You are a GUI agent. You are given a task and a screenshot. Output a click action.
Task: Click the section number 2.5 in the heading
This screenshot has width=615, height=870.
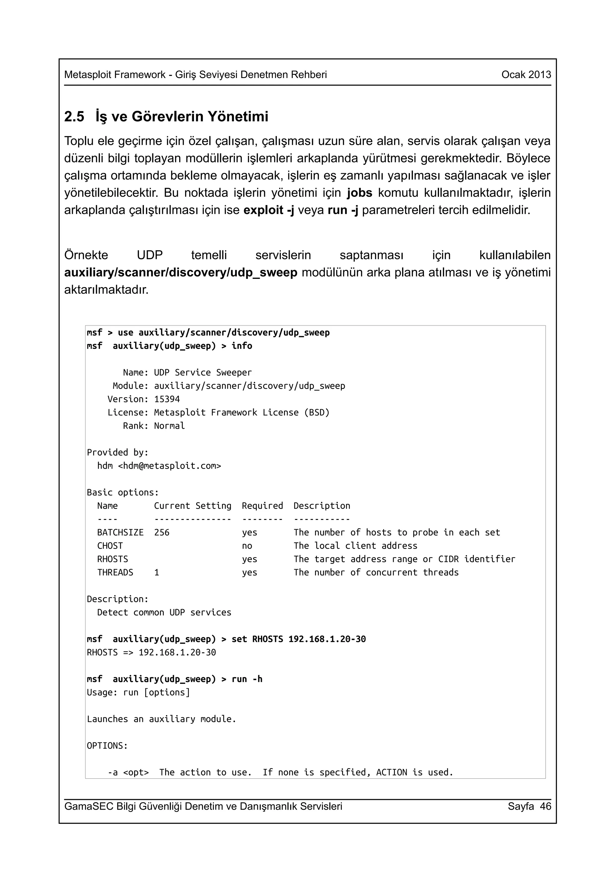(74, 117)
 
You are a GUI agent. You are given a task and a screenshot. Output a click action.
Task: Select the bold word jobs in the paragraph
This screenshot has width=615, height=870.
(360, 193)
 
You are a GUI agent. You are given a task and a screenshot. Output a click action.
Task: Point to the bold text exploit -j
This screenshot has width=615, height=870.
(269, 210)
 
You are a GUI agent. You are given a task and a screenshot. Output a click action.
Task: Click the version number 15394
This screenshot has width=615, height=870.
(167, 399)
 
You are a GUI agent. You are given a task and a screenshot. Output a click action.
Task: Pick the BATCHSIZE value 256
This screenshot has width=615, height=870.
(162, 532)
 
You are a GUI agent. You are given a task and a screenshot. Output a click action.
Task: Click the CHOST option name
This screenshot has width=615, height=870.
(110, 546)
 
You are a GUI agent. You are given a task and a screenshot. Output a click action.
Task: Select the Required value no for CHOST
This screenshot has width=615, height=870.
(247, 546)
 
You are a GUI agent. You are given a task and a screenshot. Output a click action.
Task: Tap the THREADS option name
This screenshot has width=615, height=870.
(115, 572)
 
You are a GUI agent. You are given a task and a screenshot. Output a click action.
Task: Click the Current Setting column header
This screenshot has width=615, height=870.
(192, 506)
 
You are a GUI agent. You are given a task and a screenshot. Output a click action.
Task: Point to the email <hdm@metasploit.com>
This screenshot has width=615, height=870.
(169, 466)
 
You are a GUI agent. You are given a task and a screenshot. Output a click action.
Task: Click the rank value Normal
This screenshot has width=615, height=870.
(169, 426)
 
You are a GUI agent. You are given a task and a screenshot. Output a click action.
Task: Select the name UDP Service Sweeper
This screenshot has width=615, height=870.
(203, 373)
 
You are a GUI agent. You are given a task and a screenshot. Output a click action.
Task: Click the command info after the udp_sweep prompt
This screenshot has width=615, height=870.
(242, 346)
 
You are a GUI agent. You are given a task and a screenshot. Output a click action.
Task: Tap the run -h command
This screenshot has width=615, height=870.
(247, 679)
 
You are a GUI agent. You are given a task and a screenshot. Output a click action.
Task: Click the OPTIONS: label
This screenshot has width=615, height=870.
(107, 746)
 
